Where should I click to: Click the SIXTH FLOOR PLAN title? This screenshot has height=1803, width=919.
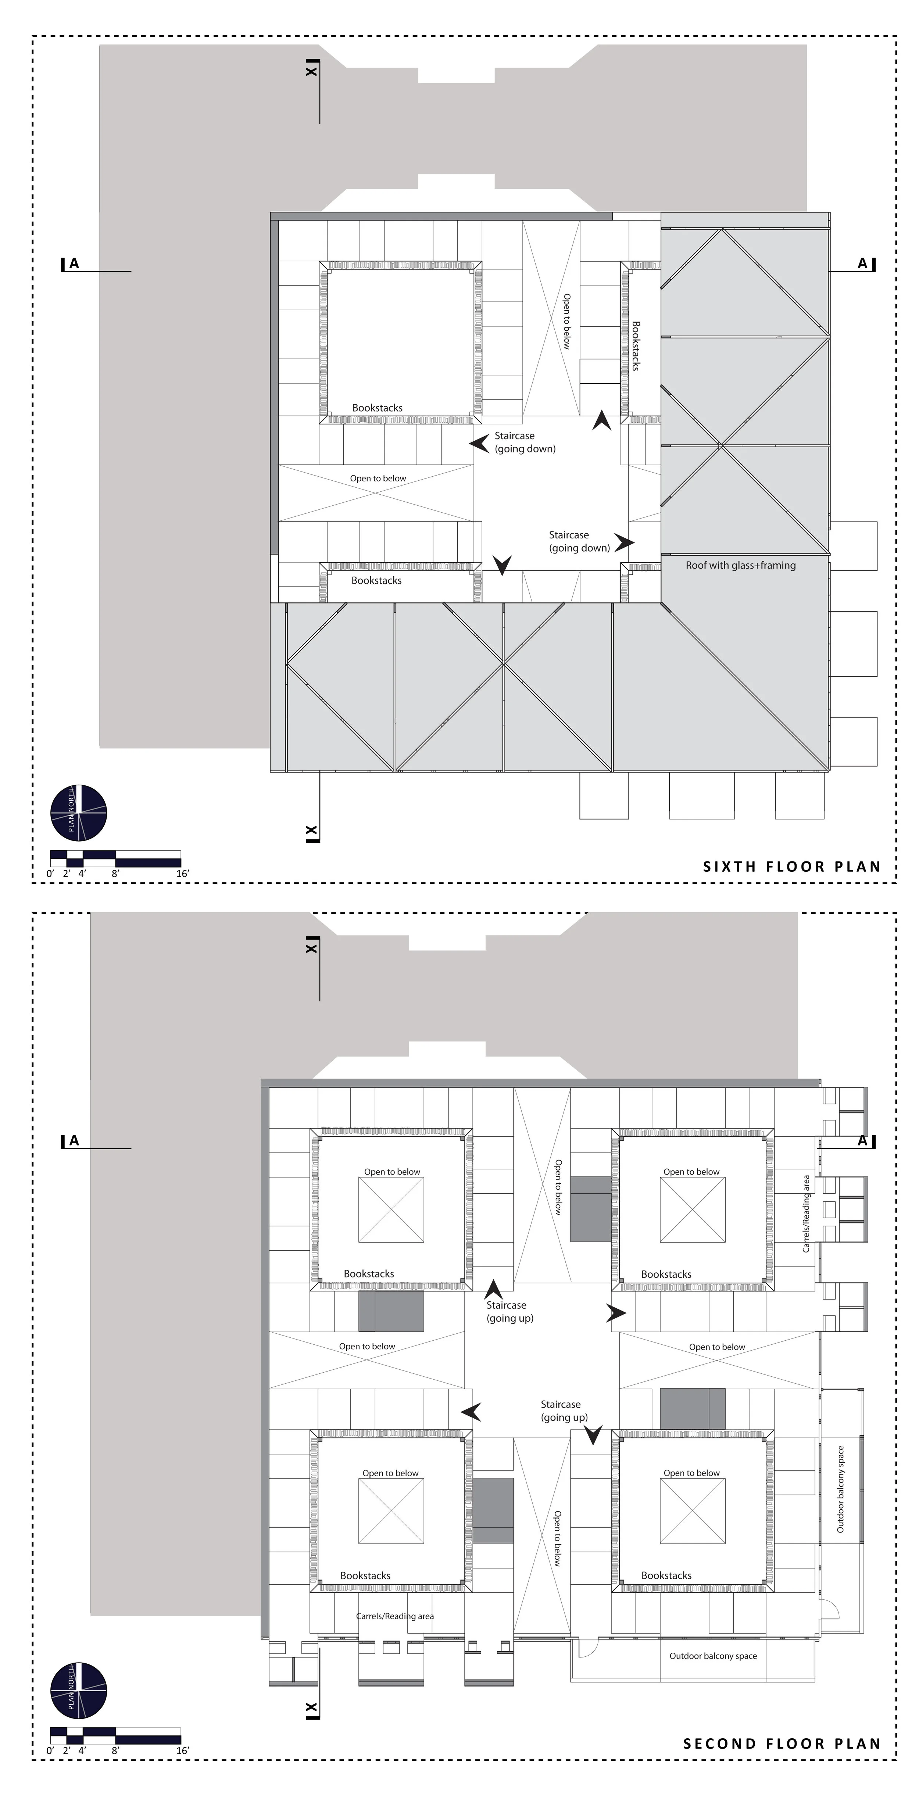click(791, 867)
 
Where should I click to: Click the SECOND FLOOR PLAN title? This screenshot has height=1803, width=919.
click(782, 1743)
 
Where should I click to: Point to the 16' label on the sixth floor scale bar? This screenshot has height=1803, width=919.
click(183, 874)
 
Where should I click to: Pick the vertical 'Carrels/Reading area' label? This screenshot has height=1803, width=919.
click(806, 1214)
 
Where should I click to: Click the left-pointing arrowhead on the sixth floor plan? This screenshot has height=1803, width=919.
click(479, 443)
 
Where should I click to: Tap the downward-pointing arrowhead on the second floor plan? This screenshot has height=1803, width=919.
click(593, 1435)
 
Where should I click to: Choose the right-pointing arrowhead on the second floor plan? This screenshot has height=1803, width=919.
click(616, 1313)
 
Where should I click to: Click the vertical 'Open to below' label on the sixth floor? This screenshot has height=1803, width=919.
click(567, 321)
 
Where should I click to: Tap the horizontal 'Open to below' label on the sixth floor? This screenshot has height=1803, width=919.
click(378, 479)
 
